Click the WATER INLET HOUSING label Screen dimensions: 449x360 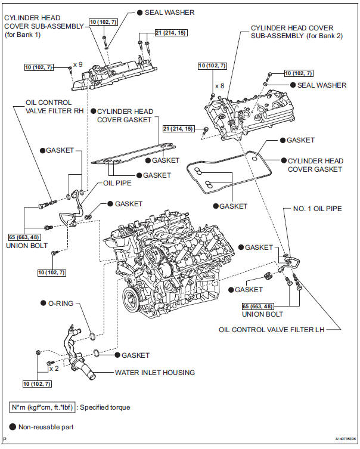154,373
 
